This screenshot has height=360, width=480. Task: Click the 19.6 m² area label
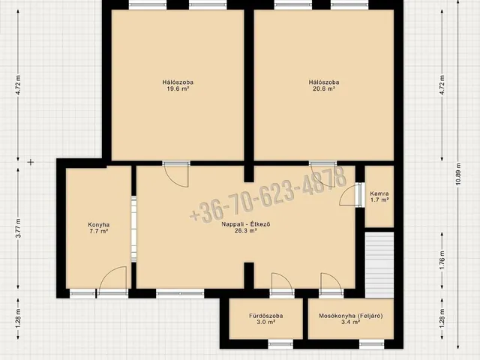coord(178,88)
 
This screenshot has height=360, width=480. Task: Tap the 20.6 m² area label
coord(324,88)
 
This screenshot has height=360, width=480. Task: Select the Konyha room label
coord(98,225)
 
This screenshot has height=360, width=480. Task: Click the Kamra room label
coord(379,193)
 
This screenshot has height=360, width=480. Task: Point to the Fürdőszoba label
coord(265,316)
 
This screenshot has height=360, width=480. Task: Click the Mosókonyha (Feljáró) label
coord(351,316)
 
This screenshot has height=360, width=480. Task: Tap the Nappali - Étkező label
coord(246,224)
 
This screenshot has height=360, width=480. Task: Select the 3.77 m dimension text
coord(18,228)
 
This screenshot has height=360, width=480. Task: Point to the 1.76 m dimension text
coord(442,260)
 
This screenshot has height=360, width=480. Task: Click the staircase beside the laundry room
coord(379,265)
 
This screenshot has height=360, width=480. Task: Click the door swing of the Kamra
coord(347,195)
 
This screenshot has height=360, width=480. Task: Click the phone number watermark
coord(268,194)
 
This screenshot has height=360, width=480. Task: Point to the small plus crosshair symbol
coord(30,162)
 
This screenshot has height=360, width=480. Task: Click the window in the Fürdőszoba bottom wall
coord(280,344)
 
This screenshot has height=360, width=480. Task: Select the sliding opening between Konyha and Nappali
coord(133,229)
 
